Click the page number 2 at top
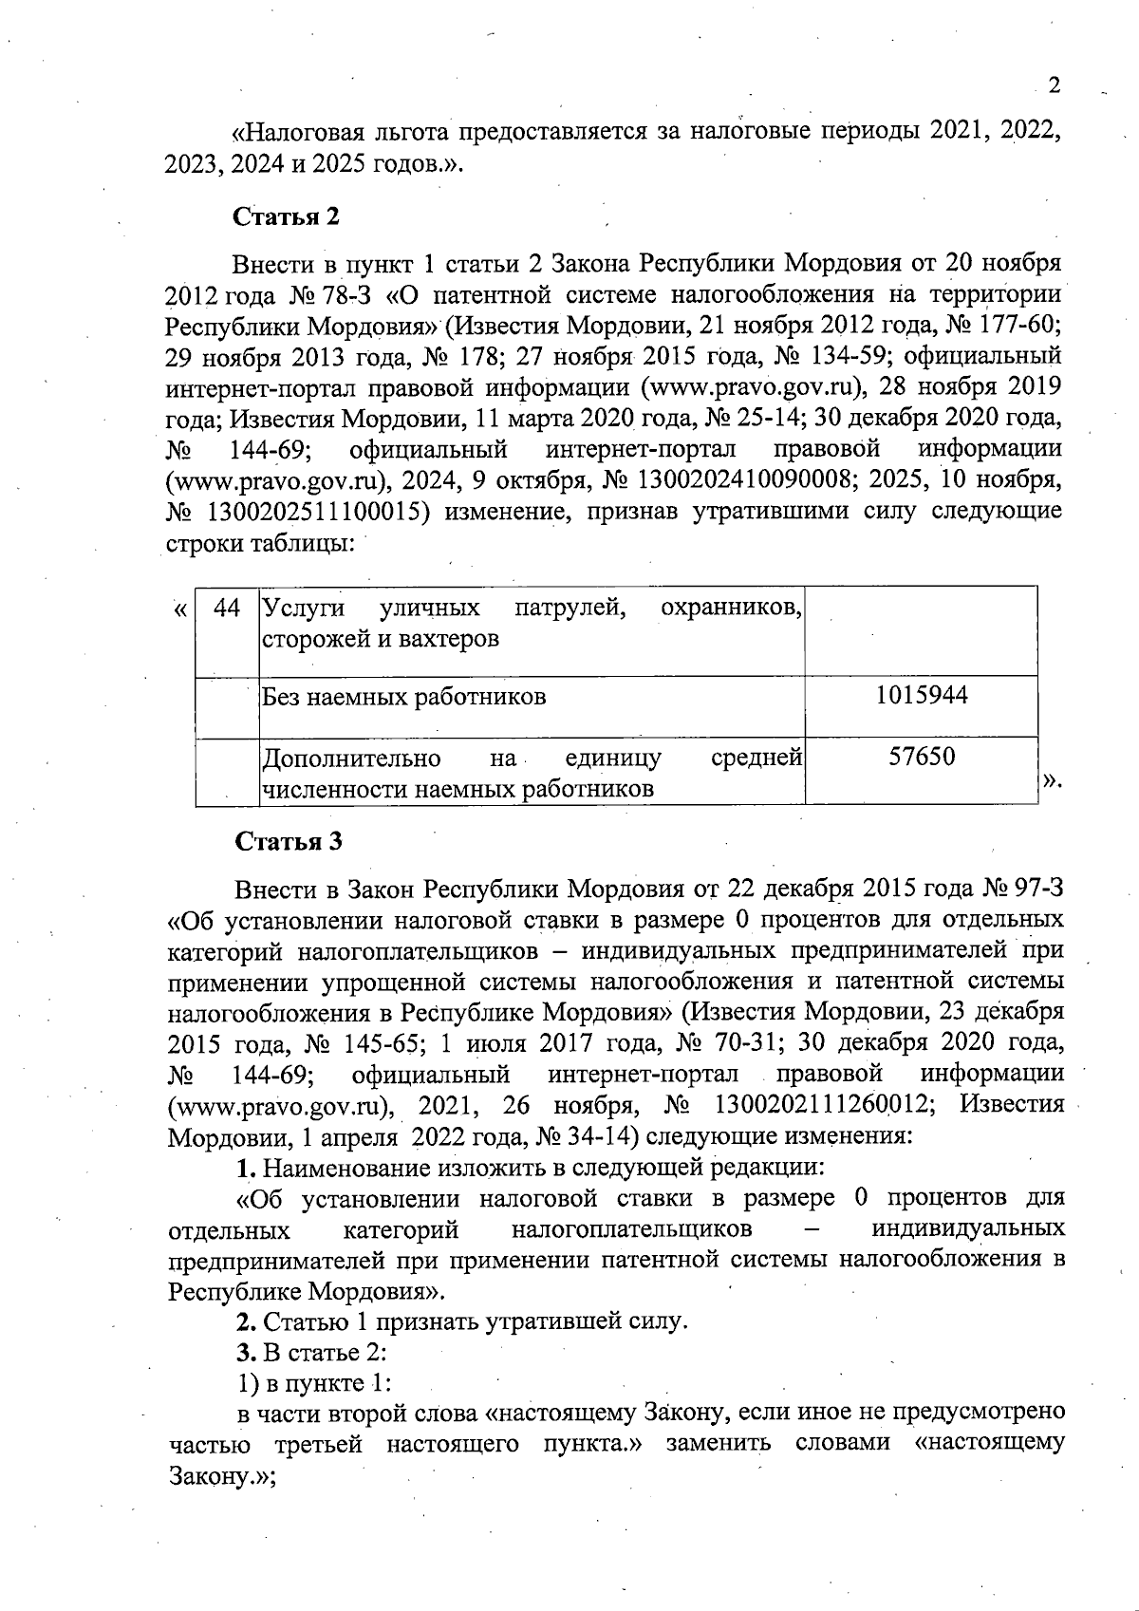1053,86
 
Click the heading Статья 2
286,216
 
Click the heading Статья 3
288,842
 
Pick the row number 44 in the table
227,608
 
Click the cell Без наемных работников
403,698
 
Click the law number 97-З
1036,890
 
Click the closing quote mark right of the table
1051,781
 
